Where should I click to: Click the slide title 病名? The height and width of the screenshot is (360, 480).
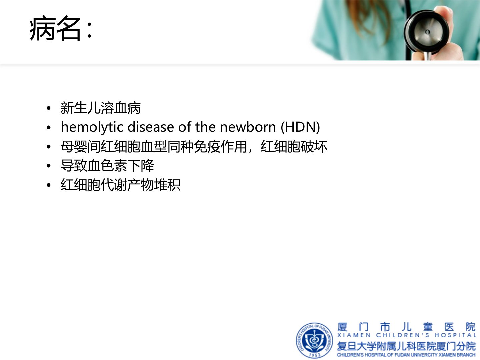[55, 28]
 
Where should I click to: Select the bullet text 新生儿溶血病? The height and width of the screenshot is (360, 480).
[101, 108]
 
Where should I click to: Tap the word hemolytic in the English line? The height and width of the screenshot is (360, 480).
[92, 127]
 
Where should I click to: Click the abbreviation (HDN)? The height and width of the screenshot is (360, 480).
[300, 127]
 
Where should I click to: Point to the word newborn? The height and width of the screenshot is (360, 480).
[248, 127]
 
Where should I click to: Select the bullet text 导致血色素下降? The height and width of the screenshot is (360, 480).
[107, 165]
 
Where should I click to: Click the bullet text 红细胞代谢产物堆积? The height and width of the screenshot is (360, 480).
[121, 185]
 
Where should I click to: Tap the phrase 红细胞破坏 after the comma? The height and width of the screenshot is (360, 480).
[294, 146]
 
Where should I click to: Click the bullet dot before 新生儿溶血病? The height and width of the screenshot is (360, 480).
[49, 108]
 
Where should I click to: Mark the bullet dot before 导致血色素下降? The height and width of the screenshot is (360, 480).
[49, 166]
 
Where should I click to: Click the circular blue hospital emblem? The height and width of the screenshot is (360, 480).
[314, 341]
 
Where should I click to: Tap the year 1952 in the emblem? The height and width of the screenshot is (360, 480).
[314, 355]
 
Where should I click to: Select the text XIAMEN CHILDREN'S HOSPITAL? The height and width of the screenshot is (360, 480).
[407, 335]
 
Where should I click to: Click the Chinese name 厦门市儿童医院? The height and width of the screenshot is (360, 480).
[407, 327]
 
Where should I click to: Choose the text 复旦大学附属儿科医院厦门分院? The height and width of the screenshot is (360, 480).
[407, 346]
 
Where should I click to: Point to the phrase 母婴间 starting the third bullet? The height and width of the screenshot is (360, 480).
[81, 146]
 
